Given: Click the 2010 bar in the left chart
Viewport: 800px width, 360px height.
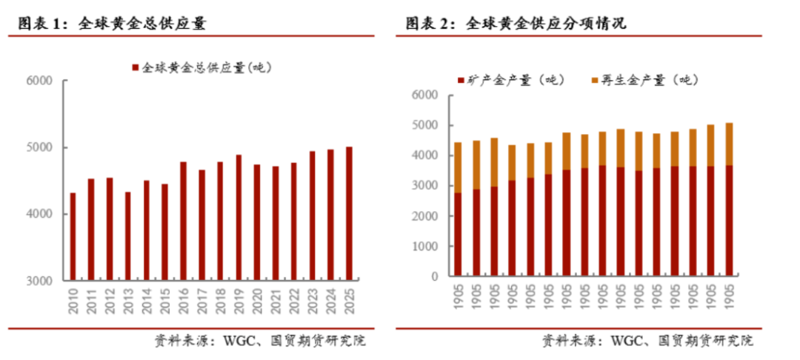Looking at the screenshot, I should (x=73, y=237).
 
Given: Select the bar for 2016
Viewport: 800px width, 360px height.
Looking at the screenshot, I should (x=183, y=221).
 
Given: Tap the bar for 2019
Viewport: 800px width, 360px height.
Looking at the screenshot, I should (x=239, y=218).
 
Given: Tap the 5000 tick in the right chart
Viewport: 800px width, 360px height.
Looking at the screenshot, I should (x=427, y=126).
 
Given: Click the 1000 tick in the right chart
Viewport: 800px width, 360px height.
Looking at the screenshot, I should (x=427, y=247).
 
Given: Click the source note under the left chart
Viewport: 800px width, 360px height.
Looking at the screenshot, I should (x=260, y=341).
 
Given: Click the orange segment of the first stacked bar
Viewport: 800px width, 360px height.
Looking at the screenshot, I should (x=458, y=167).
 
